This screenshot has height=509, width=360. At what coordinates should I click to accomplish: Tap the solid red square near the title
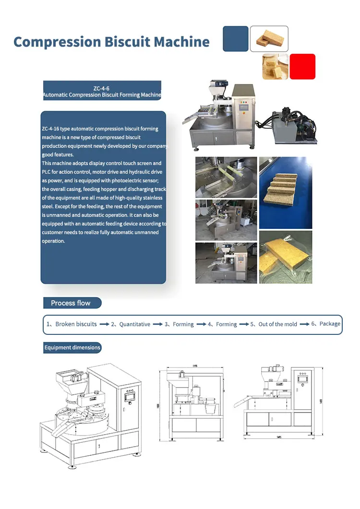pyautogui.click(x=302, y=66)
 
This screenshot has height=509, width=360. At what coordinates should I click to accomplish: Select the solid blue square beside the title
pyautogui.click(x=236, y=39)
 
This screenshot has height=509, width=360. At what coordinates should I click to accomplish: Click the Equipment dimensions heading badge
pyautogui.click(x=72, y=347)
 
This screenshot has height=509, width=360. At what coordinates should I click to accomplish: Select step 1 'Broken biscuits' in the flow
pyautogui.click(x=76, y=324)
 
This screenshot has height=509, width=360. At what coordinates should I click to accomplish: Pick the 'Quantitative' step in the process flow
pyautogui.click(x=134, y=324)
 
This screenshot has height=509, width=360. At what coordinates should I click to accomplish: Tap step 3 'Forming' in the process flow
pyautogui.click(x=183, y=324)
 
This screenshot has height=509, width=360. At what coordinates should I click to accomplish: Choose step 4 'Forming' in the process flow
pyautogui.click(x=226, y=324)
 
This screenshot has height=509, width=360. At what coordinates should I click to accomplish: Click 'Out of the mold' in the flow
pyautogui.click(x=277, y=324)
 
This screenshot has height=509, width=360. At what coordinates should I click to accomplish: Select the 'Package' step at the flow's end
pyautogui.click(x=329, y=324)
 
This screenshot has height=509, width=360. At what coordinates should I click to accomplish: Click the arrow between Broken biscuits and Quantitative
pyautogui.click(x=104, y=324)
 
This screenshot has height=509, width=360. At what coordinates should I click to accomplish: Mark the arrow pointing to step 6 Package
pyautogui.click(x=304, y=324)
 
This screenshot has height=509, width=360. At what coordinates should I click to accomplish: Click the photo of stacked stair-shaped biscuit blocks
pyautogui.click(x=285, y=192)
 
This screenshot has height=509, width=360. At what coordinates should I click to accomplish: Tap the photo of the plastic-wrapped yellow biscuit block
pyautogui.click(x=285, y=257)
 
